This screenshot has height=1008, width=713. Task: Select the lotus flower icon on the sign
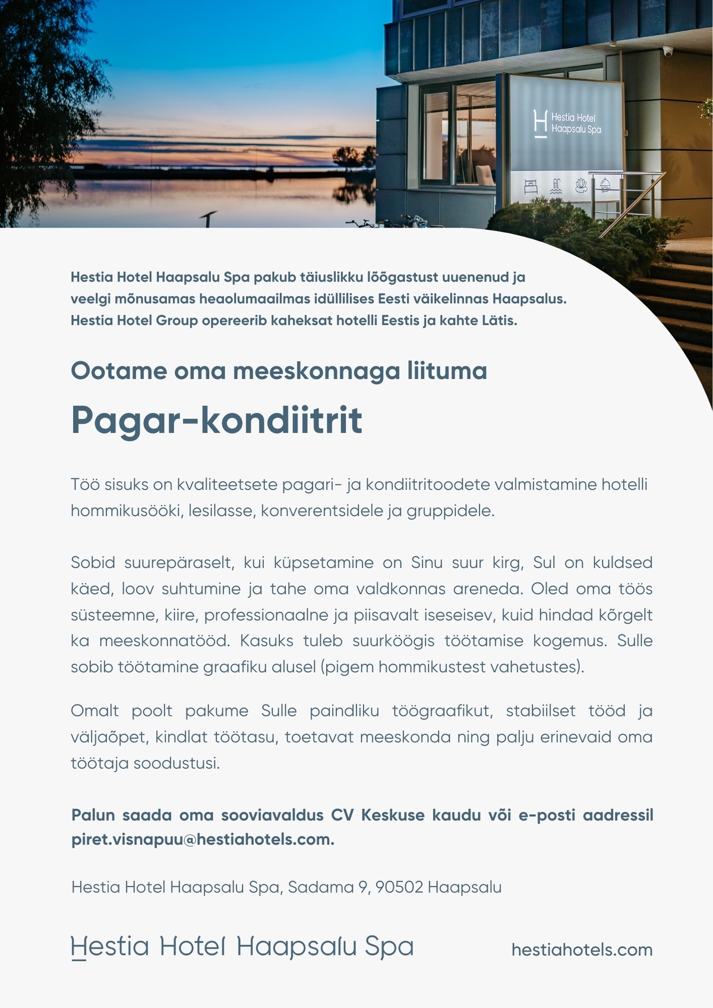581,185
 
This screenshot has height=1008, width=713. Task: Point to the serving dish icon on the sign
605,184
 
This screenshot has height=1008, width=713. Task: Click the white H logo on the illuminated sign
540,124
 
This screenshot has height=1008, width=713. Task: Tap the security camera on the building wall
668,52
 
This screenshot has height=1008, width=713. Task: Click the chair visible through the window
485,175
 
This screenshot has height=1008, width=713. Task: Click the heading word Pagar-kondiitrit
216,421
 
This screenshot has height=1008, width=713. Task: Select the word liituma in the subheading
447,371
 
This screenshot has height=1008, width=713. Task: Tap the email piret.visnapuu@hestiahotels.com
203,840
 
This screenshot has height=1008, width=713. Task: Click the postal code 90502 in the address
399,887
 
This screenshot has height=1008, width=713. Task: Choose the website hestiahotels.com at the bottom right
582,950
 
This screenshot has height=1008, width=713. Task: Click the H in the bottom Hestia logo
78,947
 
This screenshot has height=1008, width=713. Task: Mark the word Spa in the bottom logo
389,947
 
